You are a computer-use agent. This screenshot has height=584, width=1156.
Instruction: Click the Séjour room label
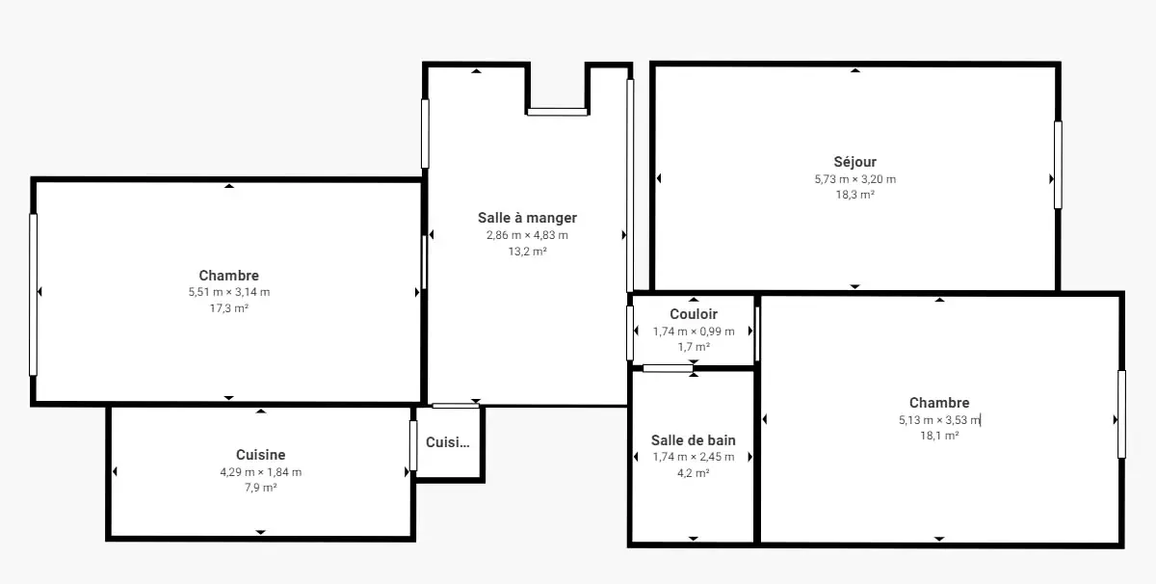(x=855, y=162)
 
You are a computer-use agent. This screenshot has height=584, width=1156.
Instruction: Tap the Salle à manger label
(x=527, y=218)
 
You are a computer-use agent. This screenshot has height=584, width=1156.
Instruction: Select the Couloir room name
(x=694, y=314)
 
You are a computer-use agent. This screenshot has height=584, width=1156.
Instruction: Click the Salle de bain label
(x=693, y=440)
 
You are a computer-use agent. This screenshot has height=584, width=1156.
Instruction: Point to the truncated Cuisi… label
(x=447, y=442)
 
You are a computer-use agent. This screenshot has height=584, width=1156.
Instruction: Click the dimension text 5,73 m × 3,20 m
(x=855, y=179)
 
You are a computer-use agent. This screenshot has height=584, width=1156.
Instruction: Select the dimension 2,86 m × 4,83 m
(x=527, y=235)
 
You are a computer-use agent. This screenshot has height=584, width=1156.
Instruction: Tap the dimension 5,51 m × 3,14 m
(x=229, y=292)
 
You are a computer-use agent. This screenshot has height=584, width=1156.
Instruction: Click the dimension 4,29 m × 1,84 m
(x=261, y=472)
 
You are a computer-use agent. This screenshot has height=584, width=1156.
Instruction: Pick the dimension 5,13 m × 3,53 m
(x=939, y=420)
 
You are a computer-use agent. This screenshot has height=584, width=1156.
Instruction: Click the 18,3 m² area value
(x=855, y=195)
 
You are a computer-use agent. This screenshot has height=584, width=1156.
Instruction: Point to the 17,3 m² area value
(x=229, y=308)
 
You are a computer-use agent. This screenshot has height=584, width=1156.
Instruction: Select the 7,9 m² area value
(x=261, y=488)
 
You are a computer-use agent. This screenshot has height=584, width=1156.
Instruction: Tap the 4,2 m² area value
(x=693, y=473)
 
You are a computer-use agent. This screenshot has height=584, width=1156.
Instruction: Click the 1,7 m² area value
(x=694, y=347)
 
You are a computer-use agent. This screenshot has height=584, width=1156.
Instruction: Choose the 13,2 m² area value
(x=527, y=252)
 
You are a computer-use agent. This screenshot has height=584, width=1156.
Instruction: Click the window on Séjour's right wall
(x=1058, y=165)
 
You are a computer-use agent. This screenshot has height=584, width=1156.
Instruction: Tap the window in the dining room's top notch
(x=558, y=112)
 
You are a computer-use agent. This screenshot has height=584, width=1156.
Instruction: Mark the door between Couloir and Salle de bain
(x=668, y=368)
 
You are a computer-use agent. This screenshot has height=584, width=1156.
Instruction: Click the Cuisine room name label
(x=261, y=455)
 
